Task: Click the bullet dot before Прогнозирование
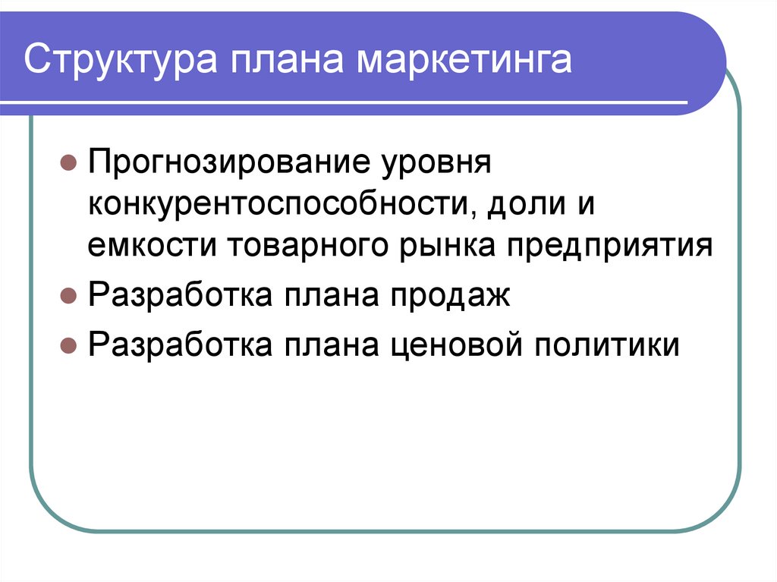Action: (68, 163)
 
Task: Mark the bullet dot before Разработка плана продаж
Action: (68, 295)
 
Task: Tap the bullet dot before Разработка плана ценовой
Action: (68, 345)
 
